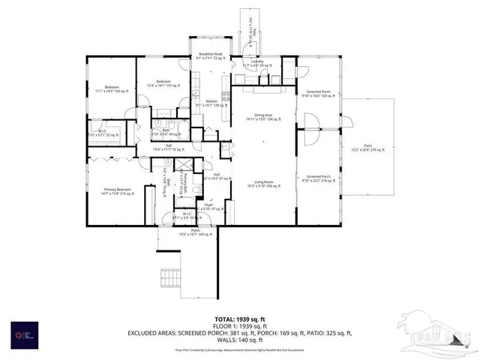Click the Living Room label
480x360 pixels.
pos(262,182)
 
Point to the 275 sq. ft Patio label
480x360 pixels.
pos(367,148)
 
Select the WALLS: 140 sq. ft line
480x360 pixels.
pos(239,339)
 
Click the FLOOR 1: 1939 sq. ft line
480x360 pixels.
pos(239,325)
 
